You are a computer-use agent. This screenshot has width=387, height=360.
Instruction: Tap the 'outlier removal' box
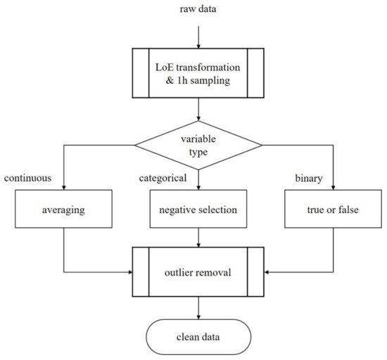coord(200,270)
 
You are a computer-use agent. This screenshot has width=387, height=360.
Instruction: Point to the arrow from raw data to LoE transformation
coord(200,35)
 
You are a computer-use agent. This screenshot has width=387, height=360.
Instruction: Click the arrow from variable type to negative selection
coord(200,179)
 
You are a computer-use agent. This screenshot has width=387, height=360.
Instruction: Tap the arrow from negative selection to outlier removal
coord(200,239)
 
